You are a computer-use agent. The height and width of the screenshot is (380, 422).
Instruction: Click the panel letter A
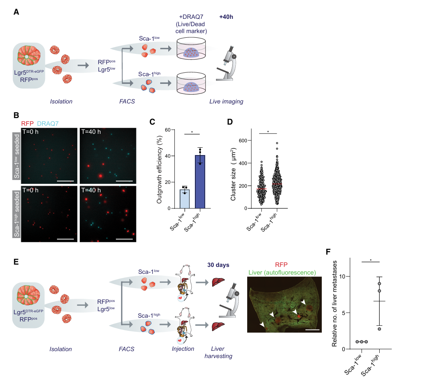click(16, 12)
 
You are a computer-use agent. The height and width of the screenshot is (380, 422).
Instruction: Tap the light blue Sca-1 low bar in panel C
click(184, 198)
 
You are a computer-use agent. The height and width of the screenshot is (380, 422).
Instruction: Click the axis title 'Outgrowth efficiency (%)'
click(159, 169)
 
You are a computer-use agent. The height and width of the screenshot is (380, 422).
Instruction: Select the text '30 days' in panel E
click(218, 265)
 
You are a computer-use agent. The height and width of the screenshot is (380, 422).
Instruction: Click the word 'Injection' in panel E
click(183, 349)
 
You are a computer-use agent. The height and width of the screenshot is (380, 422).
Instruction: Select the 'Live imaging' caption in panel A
click(226, 102)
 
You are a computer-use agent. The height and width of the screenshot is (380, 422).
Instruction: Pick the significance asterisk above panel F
click(370, 260)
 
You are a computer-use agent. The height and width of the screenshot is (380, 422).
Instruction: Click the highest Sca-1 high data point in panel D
click(277, 143)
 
